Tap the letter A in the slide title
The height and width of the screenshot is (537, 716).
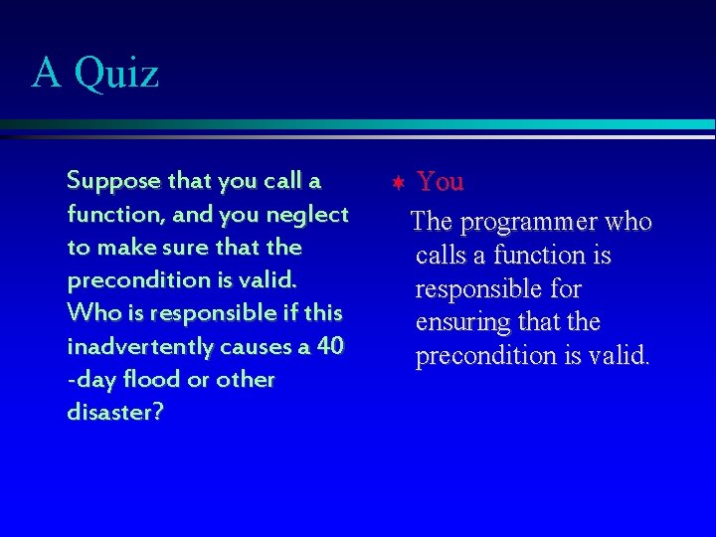click(x=46, y=73)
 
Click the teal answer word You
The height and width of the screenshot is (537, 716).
click(x=441, y=181)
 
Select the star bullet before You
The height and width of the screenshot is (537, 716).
click(x=397, y=183)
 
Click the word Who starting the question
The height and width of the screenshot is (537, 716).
click(x=88, y=313)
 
